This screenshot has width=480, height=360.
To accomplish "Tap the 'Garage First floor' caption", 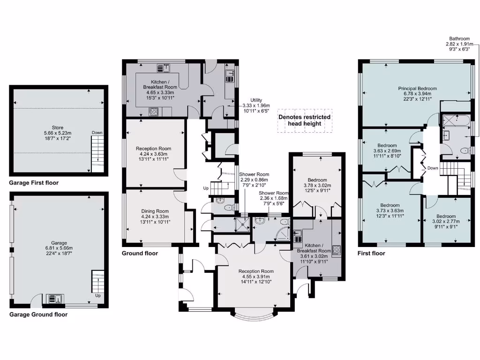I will point(34,183).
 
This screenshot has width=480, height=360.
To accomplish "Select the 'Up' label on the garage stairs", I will point(97,296).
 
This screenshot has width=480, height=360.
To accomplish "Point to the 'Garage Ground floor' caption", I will point(38,315).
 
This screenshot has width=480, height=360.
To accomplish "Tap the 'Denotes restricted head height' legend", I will point(304,120).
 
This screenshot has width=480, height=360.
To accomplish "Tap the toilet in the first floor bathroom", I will point(465,151).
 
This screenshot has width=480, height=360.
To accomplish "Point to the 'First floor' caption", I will point(372,253).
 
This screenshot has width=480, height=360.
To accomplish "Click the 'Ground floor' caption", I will point(140,253).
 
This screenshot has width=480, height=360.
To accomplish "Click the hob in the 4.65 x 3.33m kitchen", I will point(153,112).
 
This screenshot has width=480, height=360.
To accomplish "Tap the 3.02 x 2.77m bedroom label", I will point(445,218).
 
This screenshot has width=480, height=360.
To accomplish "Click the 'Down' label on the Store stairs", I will point(97,133).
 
